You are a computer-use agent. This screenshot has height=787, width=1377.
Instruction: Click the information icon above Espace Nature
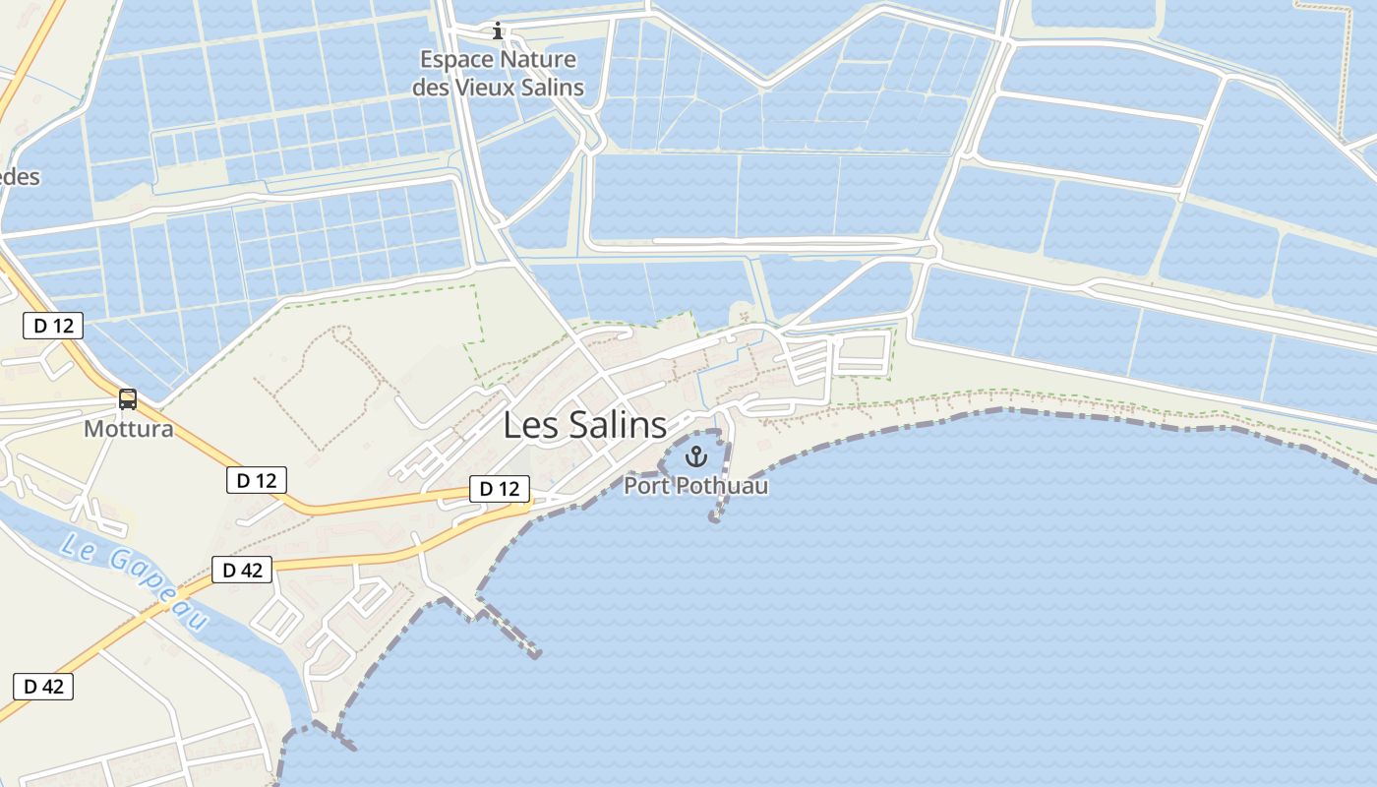click(498, 31)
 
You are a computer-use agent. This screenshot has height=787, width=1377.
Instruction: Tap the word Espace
click(456, 60)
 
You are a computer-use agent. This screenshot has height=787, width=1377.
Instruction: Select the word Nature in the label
click(538, 60)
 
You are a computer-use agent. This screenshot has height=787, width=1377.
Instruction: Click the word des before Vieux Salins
click(430, 88)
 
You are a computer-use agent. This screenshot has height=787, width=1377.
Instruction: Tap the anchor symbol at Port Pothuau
click(696, 456)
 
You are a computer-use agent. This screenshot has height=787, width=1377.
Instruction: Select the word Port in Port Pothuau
click(645, 486)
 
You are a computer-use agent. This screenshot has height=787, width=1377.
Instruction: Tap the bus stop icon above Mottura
click(128, 399)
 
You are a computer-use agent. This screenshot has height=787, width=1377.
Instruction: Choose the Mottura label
click(129, 429)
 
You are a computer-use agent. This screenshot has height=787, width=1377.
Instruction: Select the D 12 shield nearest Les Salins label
click(500, 488)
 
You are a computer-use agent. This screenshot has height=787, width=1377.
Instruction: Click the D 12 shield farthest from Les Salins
click(53, 326)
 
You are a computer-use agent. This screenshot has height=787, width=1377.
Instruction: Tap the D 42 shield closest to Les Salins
click(242, 570)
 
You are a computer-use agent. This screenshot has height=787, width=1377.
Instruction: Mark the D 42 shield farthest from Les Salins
click(43, 687)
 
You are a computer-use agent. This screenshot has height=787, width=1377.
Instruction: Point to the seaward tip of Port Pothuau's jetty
click(715, 517)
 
